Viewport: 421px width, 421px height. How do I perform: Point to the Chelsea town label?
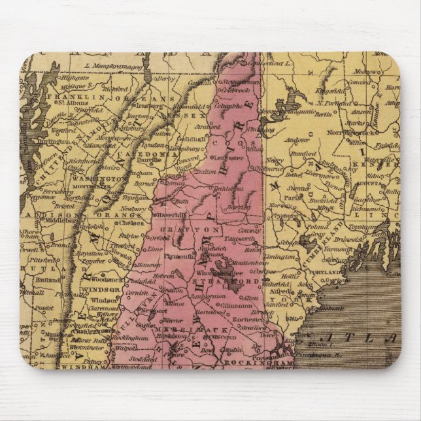(131, 223)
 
